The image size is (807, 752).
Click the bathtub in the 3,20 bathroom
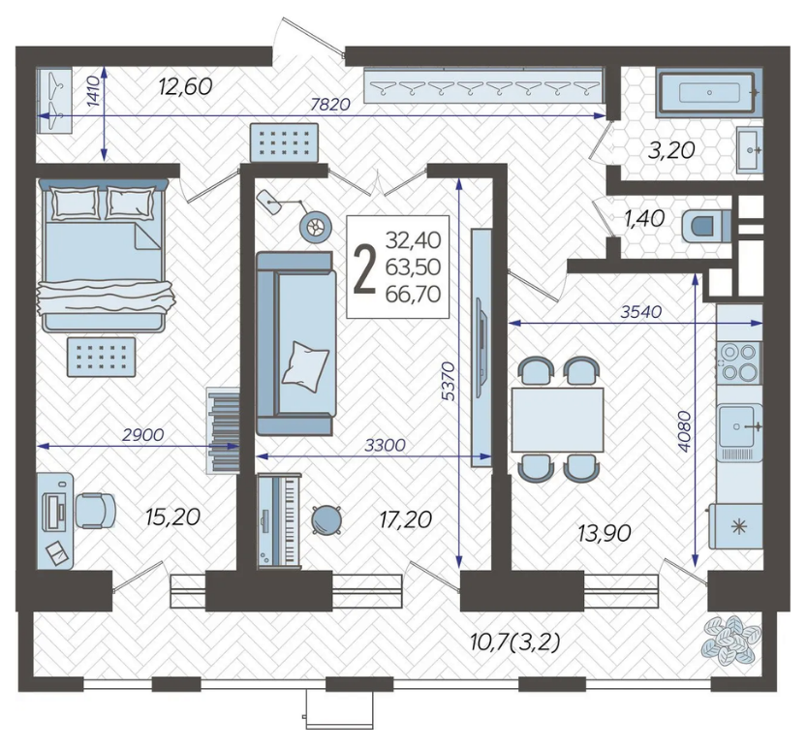pyautogui.click(x=709, y=93)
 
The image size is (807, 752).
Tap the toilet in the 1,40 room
pyautogui.click(x=706, y=226)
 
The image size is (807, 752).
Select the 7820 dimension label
pyautogui.click(x=330, y=105)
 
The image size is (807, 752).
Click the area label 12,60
pyautogui.click(x=185, y=86)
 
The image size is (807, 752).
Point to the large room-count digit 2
pyautogui.click(x=365, y=267)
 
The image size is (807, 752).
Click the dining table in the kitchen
pyautogui.click(x=557, y=420)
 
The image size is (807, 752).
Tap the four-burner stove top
pyautogui.click(x=739, y=361)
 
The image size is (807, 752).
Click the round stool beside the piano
pyautogui.click(x=326, y=519)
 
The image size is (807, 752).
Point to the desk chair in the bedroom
pyautogui.click(x=95, y=511)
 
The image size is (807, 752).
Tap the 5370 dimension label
pyautogui.click(x=449, y=381)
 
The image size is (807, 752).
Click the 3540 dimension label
pyautogui.click(x=640, y=312)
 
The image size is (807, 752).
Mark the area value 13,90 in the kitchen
pyautogui.click(x=605, y=534)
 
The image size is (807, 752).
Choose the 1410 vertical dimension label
pyautogui.click(x=93, y=90)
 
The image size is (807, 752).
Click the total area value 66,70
pyautogui.click(x=413, y=295)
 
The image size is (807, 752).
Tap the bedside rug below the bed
pyautogui.click(x=102, y=357)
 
